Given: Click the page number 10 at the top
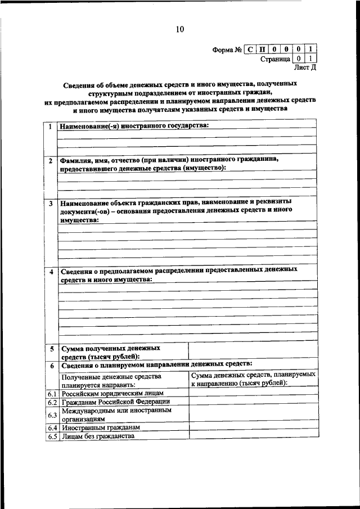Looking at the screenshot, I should [x=179, y=30].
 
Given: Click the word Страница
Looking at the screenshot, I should [x=275, y=58].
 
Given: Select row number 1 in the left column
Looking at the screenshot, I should [x=51, y=127].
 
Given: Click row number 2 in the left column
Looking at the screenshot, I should [x=51, y=161].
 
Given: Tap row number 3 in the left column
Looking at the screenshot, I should [x=51, y=203].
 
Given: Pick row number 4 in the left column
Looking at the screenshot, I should [x=51, y=272].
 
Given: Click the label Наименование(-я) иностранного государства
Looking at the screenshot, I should [x=134, y=125].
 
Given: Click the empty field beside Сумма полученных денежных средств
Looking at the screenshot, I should [x=252, y=352].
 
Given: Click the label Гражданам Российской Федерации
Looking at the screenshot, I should [x=116, y=402].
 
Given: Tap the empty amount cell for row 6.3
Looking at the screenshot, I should [x=252, y=415].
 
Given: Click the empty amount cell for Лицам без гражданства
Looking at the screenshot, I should [x=252, y=436].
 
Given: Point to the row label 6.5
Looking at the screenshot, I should [x=52, y=436].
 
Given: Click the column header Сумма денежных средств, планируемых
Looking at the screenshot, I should [x=253, y=375].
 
